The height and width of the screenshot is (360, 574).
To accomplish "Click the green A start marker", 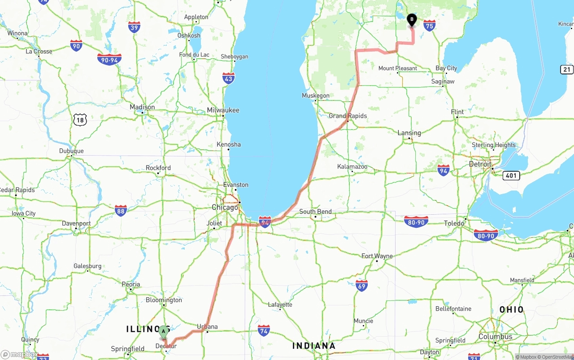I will coord(164,332).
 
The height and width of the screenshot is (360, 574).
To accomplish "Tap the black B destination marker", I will coord(412,20).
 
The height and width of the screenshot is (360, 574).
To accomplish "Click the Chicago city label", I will coord(225,208).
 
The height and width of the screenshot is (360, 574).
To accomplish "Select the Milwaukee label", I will coord(223,110).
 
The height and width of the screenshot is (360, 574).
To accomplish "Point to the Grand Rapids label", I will coord(348,116).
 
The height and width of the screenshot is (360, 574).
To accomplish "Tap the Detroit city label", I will coord(480,164).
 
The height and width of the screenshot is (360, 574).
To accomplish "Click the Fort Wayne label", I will coord(377,256).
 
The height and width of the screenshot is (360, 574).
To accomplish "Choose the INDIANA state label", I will coord(314,346).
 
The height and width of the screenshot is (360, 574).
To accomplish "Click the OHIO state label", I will coord(511,310).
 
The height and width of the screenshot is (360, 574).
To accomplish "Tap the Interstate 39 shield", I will coord(134,27).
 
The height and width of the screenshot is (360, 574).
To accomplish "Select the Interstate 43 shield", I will coord(228,78).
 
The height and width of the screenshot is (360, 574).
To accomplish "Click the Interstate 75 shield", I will coord(429,25).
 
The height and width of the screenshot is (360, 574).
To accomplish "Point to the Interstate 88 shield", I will coord(120,210).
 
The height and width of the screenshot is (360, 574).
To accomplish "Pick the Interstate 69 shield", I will coord(361,285).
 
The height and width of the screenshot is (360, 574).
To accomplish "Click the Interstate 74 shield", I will coord(264,331).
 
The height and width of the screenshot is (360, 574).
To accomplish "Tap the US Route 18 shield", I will coord(80,119).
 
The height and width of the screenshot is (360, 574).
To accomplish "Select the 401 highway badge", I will coord(511,175).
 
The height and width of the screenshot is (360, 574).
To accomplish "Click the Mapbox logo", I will coord(19,354).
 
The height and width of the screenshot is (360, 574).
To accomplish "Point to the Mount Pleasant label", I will coord(397,68).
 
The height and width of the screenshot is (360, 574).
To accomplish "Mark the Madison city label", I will coord(142,107).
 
